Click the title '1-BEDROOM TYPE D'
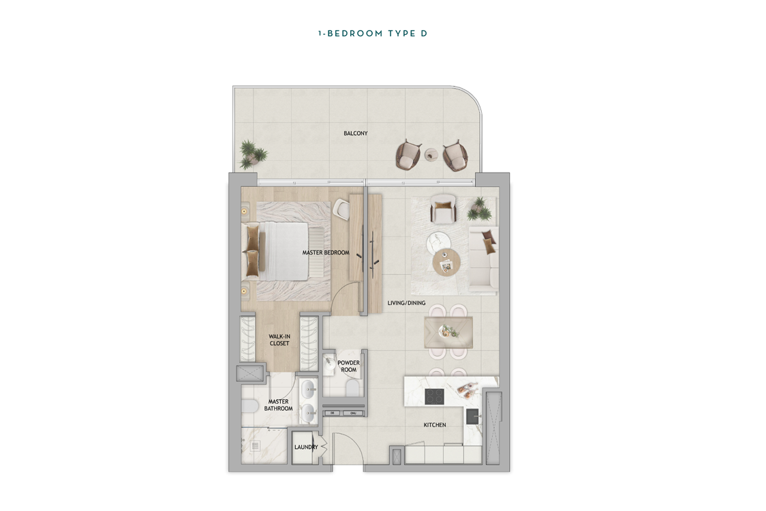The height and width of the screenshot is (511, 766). coord(373,33)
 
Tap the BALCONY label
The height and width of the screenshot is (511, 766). coord(356,133)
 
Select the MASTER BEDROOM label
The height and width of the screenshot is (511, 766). coord(326,253)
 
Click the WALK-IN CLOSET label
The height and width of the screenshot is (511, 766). coord(279,340)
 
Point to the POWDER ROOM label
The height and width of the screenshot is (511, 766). coord(349,366)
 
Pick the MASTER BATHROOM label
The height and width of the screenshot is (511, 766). coord(279,405)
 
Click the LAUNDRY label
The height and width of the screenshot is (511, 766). coord(306,447)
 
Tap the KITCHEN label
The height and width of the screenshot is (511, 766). coord(435,425)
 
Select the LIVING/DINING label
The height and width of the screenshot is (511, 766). coord(406,303)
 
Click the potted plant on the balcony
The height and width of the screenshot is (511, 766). coord(253,154)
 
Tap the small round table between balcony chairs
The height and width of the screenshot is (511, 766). coord(431,154)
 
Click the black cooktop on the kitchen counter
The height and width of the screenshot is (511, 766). coord(434,396)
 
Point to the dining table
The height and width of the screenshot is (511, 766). coord(448,332)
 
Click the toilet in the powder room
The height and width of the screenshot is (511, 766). coord(352,390)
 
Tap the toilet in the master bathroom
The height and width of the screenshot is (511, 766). coord(249,405)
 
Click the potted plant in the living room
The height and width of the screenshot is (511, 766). coord(479,209)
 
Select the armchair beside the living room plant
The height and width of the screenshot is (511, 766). coord(444,209)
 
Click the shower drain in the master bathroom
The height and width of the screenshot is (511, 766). coord(255,446)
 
